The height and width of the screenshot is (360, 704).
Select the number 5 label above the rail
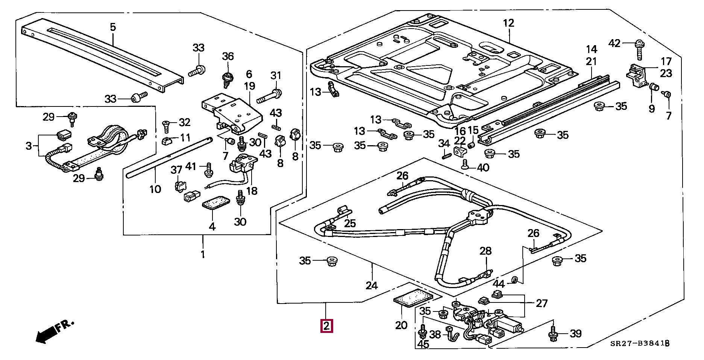113,27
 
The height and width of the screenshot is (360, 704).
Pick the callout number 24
372,286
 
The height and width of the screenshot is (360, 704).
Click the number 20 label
401,325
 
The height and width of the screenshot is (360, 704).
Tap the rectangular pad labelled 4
216,203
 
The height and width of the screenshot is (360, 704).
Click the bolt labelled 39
553,334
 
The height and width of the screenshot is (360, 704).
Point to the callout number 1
203,255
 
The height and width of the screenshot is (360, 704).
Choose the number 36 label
228,56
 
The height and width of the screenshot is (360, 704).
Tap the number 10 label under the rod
155,189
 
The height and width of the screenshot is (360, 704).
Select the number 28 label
486,251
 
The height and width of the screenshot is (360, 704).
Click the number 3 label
29,146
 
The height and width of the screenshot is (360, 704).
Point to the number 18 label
252,191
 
